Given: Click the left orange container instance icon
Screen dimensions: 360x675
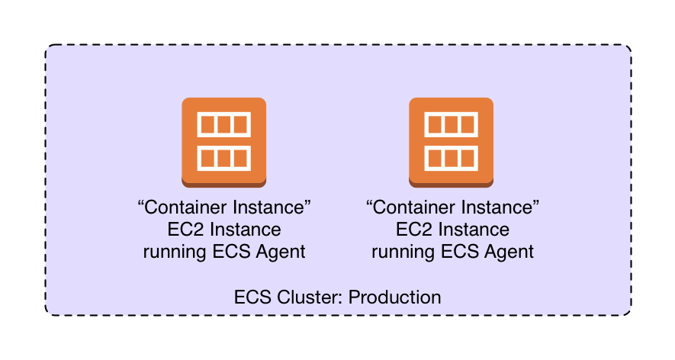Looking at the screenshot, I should point(223,142).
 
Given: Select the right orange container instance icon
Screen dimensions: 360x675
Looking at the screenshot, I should point(452,142).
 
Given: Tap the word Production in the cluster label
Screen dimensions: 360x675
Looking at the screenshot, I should point(394,297).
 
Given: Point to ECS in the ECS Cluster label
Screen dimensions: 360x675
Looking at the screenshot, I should point(252,297).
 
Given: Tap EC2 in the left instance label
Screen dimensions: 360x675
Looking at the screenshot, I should point(185,230).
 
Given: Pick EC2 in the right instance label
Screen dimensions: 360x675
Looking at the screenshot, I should point(413,230).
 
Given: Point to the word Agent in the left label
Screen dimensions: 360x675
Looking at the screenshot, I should point(282,252).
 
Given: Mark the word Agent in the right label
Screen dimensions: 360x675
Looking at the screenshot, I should point(510,252).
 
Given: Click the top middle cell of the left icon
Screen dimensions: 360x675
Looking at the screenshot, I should point(223,124).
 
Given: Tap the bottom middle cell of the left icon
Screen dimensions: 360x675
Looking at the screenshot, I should point(223,158).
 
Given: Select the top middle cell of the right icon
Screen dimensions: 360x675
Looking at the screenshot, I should point(452,124).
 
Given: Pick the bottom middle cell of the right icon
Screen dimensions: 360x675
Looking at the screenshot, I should point(452,158).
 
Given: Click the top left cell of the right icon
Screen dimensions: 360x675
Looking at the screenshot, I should point(435,124).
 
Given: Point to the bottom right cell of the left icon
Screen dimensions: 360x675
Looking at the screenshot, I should point(240,158).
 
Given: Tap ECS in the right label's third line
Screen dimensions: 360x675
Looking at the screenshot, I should point(463,252).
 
